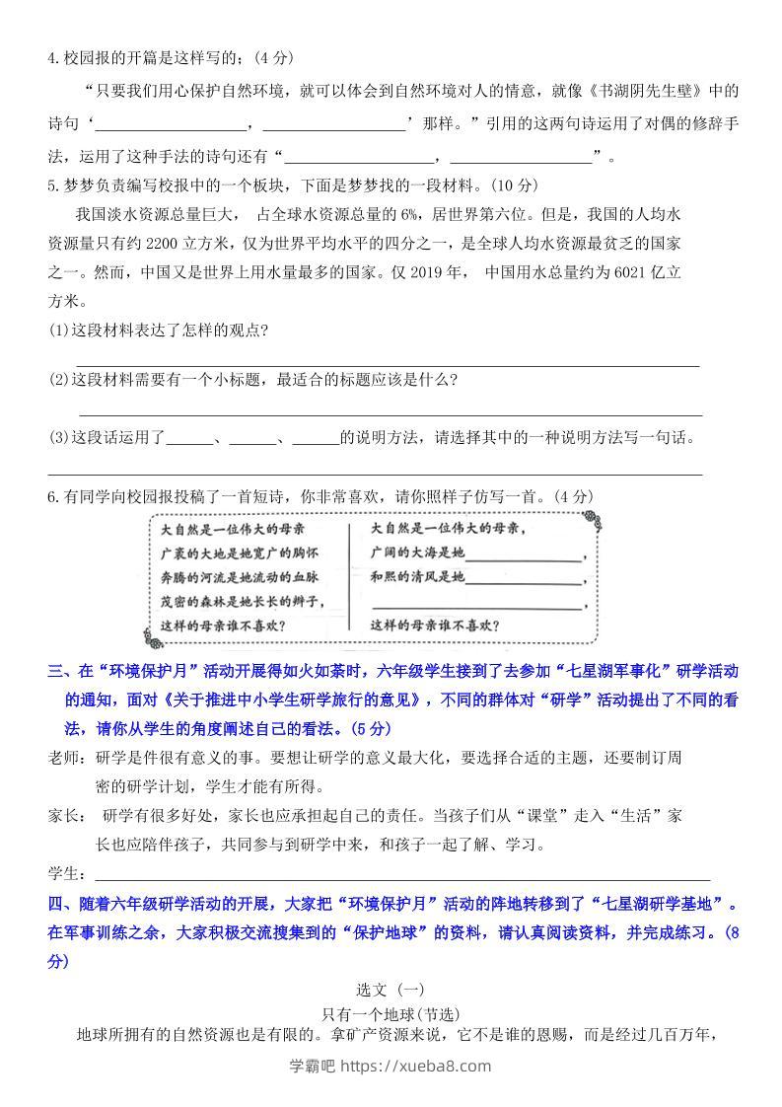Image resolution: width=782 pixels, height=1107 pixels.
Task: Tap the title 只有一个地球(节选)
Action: pyautogui.click(x=391, y=1012)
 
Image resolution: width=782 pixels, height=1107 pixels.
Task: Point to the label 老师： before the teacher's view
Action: pyautogui.click(x=68, y=758)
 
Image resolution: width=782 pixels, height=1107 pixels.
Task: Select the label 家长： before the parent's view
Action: pyautogui.click(x=68, y=816)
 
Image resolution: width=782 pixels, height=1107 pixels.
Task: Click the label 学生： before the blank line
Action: pyautogui.click(x=68, y=874)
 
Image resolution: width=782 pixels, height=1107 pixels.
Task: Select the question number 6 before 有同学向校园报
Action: pyautogui.click(x=52, y=498)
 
